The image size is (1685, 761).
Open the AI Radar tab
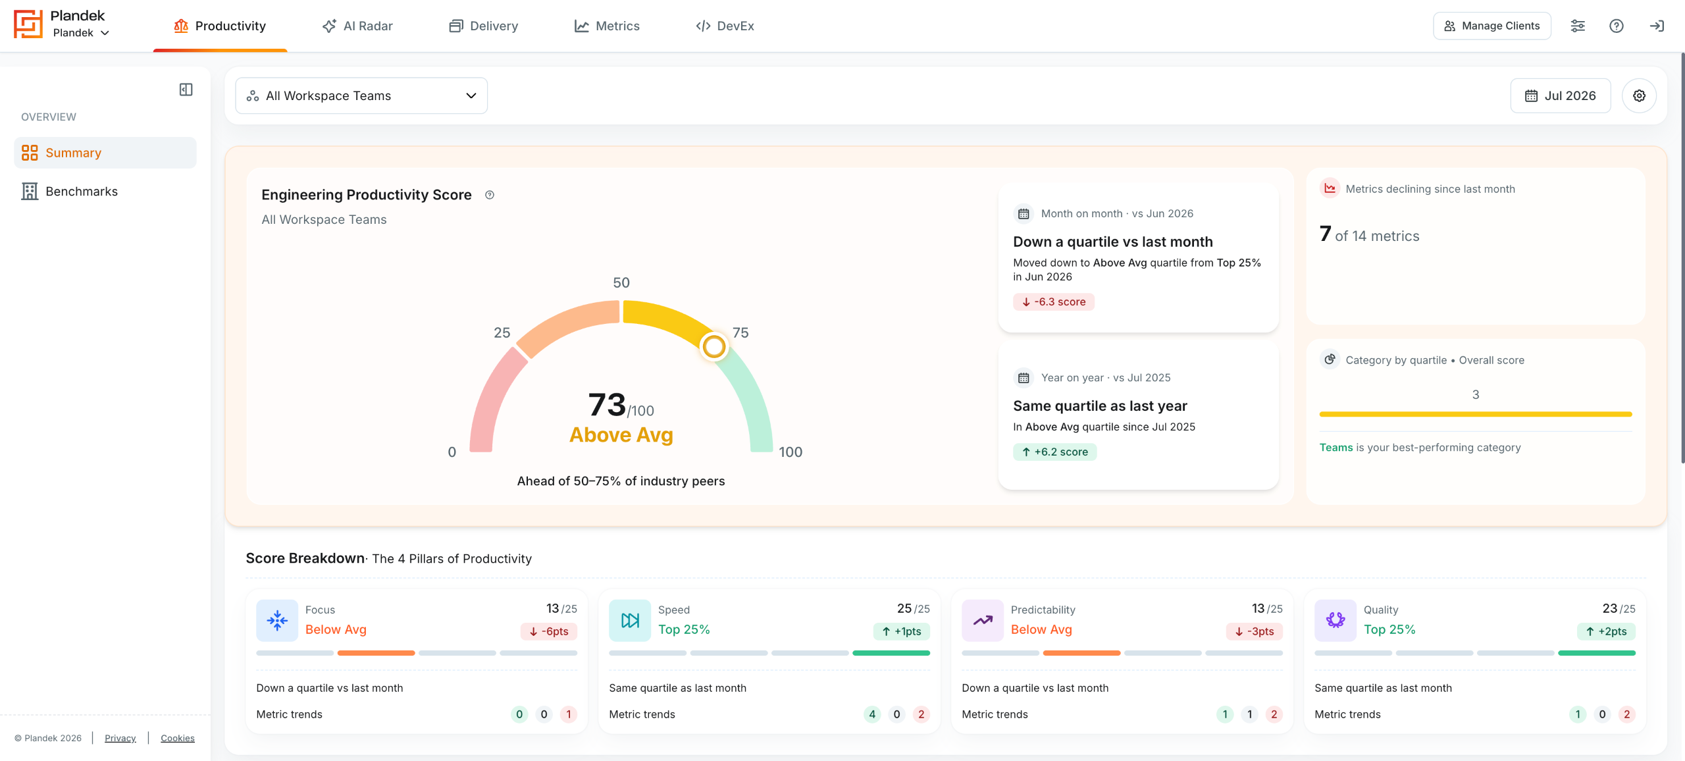(x=357, y=26)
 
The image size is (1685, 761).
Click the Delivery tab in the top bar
(x=484, y=26)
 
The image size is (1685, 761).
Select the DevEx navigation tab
(x=725, y=26)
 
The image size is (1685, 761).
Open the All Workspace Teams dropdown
(x=361, y=95)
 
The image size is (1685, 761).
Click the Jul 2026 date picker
(x=1560, y=95)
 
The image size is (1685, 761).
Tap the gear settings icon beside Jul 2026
(x=1639, y=95)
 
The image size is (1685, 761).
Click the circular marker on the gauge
(x=713, y=346)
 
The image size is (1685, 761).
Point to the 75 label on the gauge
(x=740, y=332)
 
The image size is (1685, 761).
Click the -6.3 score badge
(x=1054, y=302)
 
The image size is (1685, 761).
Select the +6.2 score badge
(x=1054, y=452)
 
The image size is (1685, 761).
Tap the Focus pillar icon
(x=277, y=620)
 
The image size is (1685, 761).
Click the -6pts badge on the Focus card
(x=549, y=631)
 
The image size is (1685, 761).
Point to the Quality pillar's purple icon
(x=1335, y=620)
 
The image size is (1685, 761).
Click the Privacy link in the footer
(x=120, y=738)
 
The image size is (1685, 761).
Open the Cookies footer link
(x=178, y=738)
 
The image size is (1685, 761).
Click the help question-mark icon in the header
(x=1617, y=26)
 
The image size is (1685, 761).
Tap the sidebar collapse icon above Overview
(x=186, y=90)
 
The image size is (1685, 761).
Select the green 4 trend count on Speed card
(x=872, y=714)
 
